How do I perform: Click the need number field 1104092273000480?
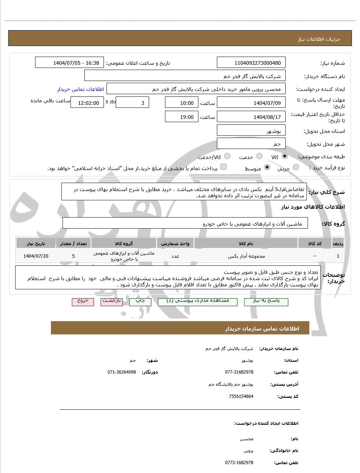[251, 63]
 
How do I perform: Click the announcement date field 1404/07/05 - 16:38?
[70, 63]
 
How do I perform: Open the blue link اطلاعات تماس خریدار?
[80, 89]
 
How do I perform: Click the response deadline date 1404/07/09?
[251, 103]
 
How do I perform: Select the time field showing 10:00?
[181, 103]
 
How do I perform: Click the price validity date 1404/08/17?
[251, 117]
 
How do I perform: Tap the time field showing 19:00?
[181, 117]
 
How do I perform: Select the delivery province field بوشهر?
[251, 131]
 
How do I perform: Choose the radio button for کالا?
[285, 156]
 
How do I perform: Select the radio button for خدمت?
[259, 156]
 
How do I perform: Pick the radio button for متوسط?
[267, 167]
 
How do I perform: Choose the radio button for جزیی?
[296, 167]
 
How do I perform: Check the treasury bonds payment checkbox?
[223, 167]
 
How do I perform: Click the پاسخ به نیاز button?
[266, 301]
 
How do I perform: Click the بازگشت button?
[112, 301]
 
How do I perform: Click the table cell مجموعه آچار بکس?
[246, 256]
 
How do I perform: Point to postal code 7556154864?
[241, 396]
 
